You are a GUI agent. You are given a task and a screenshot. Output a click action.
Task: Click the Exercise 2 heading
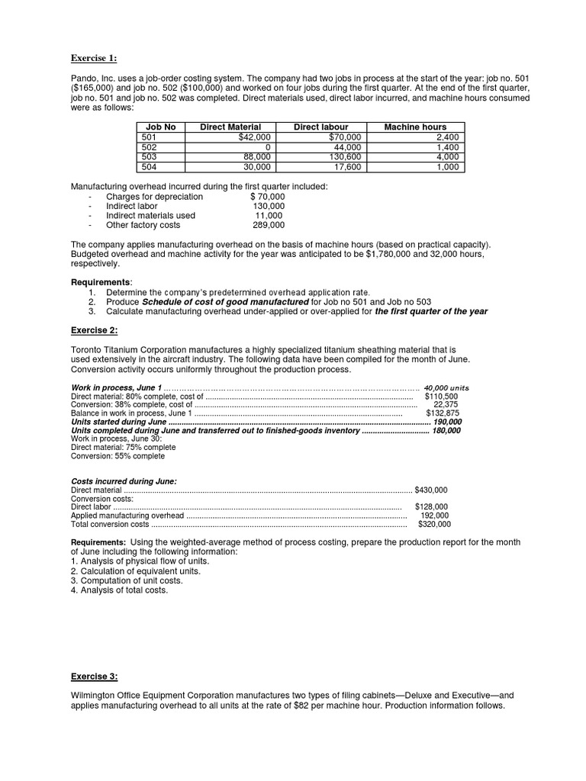tap(95, 329)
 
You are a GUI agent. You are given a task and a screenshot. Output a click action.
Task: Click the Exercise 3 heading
tap(95, 677)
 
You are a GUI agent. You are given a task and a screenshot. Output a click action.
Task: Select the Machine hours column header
tap(415, 127)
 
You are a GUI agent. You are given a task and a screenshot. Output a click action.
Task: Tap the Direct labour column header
tap(320, 127)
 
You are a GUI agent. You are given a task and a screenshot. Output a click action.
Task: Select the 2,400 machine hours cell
tap(446, 137)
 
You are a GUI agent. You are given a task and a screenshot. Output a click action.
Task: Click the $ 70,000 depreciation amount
tap(267, 196)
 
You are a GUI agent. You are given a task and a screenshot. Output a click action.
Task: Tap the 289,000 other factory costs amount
tap(269, 225)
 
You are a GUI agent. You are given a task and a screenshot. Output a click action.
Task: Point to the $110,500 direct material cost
tap(441, 397)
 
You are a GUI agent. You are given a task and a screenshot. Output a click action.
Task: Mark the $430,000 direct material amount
tap(431, 490)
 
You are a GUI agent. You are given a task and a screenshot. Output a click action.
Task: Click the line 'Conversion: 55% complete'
tap(118, 456)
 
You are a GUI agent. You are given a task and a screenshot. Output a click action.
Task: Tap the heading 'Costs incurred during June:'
tap(124, 481)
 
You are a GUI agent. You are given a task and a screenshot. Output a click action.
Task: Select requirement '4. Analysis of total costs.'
tap(119, 590)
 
